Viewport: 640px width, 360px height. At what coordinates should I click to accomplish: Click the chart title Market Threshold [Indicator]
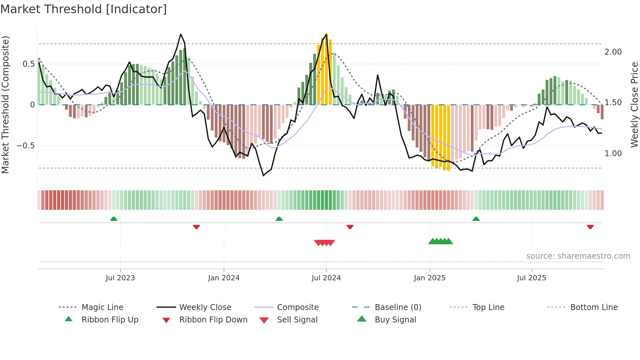pos(84,9)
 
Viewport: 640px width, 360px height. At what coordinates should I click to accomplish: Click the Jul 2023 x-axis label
pos(120,278)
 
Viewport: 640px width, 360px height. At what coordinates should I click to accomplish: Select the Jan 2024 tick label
pos(224,278)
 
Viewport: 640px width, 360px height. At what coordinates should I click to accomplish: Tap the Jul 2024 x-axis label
pos(326,278)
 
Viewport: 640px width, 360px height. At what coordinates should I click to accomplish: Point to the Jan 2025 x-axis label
pos(429,278)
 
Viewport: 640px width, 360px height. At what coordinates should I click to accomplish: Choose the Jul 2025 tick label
pos(531,278)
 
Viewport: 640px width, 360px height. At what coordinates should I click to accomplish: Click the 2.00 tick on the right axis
pos(613,52)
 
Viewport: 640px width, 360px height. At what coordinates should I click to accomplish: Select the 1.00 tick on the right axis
pos(613,154)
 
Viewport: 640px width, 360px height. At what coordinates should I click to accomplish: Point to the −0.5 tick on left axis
pos(25,146)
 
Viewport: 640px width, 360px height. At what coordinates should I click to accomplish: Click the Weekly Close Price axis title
pos(634,105)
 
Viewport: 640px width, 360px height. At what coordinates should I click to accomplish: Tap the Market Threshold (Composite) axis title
pos(5,105)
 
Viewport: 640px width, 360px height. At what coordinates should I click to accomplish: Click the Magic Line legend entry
pos(102,307)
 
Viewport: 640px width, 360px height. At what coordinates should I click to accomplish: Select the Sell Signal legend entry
pos(297,320)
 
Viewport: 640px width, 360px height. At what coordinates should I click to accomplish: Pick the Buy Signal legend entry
pos(395,320)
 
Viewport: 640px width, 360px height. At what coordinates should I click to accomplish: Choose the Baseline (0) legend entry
pos(398,307)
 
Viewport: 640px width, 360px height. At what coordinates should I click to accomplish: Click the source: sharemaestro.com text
pos(578,256)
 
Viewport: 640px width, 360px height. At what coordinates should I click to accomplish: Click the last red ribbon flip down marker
pos(590,227)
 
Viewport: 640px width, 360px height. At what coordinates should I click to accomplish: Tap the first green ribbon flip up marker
pos(114,219)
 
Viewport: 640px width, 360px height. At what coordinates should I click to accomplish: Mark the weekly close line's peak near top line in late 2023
pos(181,34)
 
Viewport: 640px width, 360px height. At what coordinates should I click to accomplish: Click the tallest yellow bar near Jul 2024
pos(327,69)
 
